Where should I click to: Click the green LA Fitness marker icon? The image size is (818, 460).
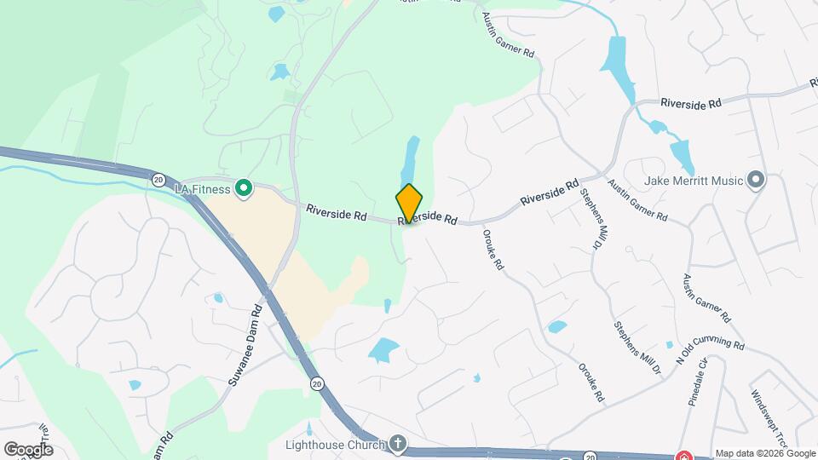[243, 187]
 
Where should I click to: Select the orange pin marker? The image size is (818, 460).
[409, 203]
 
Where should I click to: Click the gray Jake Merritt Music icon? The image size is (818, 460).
[754, 179]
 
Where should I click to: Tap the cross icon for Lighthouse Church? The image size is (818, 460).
[396, 442]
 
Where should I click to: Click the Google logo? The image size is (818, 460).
[27, 449]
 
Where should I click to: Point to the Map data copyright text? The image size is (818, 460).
[764, 453]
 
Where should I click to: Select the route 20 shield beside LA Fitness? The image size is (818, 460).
[158, 179]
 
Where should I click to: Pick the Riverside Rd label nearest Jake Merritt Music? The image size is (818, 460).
[691, 102]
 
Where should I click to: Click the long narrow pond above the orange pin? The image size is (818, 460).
[411, 162]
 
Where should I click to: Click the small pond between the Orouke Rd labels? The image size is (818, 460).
[557, 326]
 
